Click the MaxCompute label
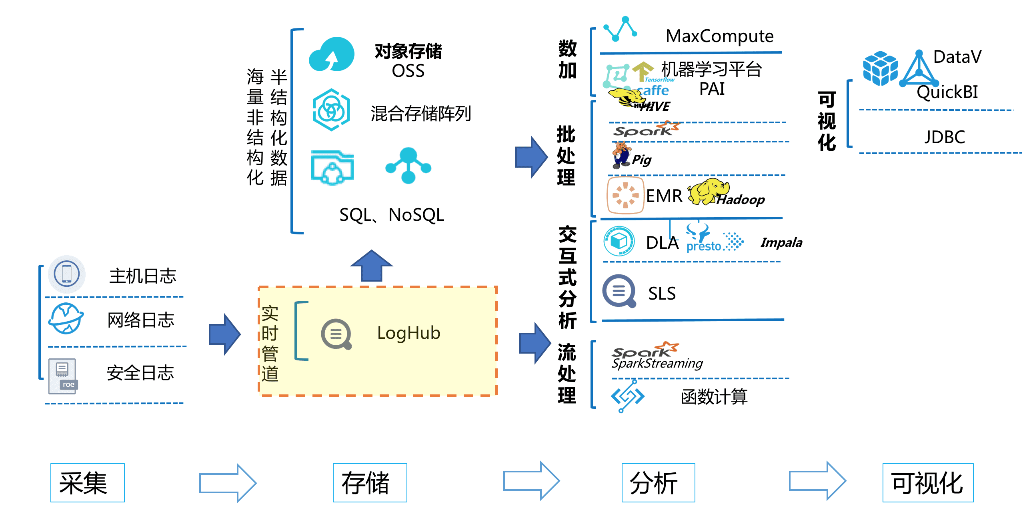(719, 36)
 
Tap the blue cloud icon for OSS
(332, 55)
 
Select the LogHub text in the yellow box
(408, 333)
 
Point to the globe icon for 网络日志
(66, 319)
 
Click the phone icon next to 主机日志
(66, 274)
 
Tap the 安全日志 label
(140, 373)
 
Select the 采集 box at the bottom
(88, 483)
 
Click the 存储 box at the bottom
(369, 483)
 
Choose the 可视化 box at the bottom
(927, 483)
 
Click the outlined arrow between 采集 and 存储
(227, 483)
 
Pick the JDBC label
(944, 137)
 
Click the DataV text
(957, 57)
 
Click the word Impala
(781, 242)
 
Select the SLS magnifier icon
(619, 291)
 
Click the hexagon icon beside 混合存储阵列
(331, 110)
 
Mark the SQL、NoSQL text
(391, 215)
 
